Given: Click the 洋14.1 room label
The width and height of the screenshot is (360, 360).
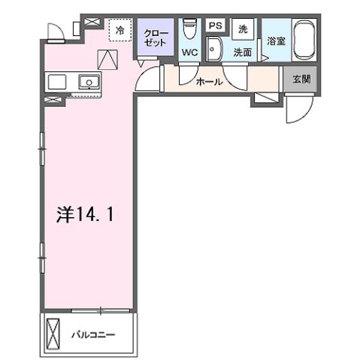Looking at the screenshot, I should tap(85, 214).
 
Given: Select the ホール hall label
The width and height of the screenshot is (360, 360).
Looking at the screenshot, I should tap(208, 81).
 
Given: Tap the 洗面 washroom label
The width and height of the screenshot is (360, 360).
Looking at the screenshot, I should tap(241, 53).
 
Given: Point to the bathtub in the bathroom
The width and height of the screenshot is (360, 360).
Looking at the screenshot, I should tap(304, 41).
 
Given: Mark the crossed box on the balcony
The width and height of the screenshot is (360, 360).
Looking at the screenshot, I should tap(53, 332).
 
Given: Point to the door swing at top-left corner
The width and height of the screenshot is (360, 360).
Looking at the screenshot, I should tap(55, 31).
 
